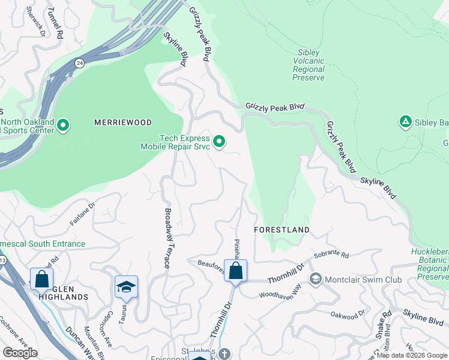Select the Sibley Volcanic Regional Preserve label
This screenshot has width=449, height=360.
(309, 65)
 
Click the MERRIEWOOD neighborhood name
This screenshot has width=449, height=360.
(123, 122)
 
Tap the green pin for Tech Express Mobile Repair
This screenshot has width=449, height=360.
(220, 142)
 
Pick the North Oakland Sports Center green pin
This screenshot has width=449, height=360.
(63, 126)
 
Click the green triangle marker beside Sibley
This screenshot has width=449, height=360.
(405, 122)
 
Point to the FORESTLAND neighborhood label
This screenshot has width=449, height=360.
(282, 230)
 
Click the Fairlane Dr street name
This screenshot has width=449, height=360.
(82, 214)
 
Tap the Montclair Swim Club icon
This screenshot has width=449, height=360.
(315, 280)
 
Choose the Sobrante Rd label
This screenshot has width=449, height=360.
(331, 255)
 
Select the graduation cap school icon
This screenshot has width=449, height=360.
(127, 287)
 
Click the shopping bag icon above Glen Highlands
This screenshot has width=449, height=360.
(41, 279)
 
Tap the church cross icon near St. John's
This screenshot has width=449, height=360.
(224, 354)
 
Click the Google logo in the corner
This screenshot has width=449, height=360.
(20, 353)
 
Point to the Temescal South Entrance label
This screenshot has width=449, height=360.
(42, 244)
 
